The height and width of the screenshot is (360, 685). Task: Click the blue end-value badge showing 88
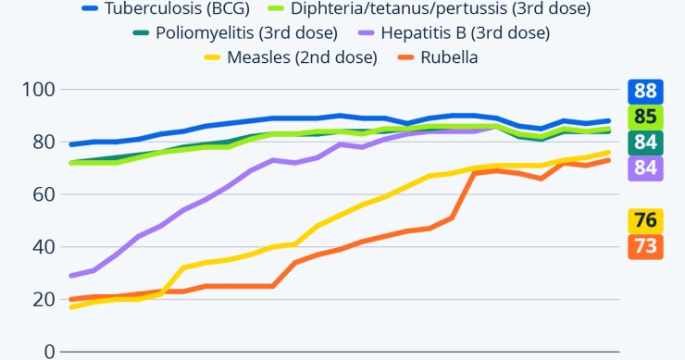pos(645,92)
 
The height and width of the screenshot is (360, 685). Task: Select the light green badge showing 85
pos(645,118)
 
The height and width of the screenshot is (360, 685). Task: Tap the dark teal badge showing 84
pos(645,143)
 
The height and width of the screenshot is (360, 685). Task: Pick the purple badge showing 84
pos(645,168)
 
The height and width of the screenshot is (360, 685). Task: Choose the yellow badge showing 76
pos(645,221)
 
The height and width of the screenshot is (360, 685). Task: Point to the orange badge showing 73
pos(645,246)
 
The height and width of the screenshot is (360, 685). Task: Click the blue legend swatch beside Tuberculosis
pos(91,8)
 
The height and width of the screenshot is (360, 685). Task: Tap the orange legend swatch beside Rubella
pos(401,57)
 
